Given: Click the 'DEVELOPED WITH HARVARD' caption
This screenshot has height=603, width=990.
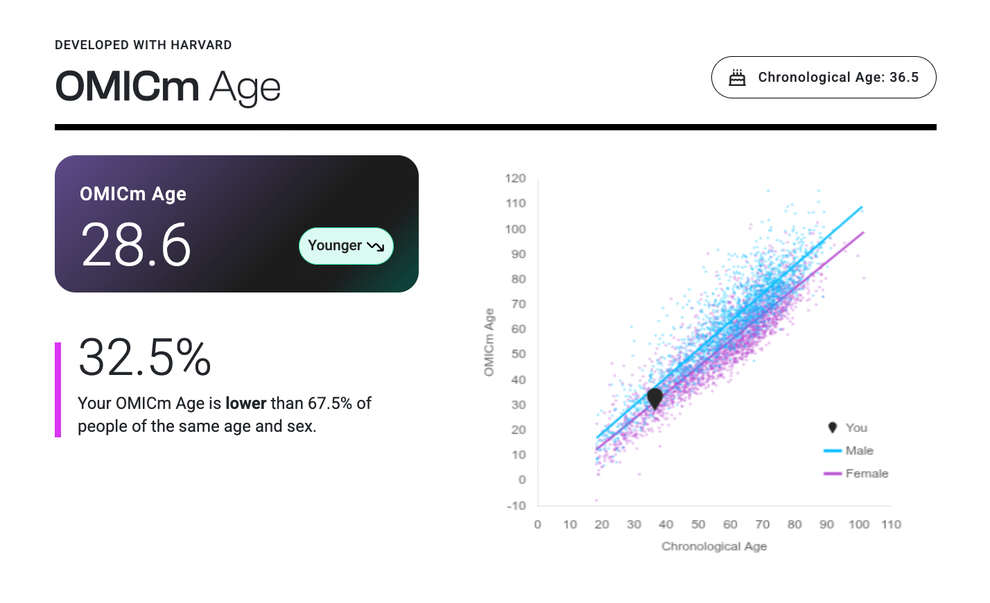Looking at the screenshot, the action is [x=144, y=45].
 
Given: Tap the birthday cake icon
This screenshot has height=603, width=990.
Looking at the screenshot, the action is [x=737, y=78].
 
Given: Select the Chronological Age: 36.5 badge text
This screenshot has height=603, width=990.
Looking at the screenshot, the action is [x=838, y=78].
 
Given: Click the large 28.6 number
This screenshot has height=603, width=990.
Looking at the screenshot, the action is [x=136, y=245].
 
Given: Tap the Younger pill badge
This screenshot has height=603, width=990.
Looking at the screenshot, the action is [x=346, y=245].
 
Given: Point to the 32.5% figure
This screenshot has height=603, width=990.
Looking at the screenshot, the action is [x=144, y=357].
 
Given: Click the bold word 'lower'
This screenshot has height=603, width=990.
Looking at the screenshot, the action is [x=245, y=403].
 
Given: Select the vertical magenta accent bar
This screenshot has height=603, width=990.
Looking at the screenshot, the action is [x=58, y=390].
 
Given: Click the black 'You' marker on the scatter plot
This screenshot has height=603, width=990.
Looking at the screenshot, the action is [x=655, y=399].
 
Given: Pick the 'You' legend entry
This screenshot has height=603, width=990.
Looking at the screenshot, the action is [x=847, y=428].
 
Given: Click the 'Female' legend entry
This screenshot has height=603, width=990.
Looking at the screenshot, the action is [x=856, y=473].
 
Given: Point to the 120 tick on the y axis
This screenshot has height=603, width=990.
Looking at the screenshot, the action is [x=515, y=178].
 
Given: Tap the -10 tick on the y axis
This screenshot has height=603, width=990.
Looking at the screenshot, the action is [x=516, y=505].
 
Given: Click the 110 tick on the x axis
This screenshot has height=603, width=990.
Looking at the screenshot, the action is [x=891, y=525].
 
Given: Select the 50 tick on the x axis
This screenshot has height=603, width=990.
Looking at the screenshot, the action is [x=698, y=525].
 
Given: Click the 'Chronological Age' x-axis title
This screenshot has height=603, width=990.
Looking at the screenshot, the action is [x=714, y=546].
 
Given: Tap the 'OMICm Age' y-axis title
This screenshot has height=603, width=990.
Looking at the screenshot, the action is [x=489, y=342].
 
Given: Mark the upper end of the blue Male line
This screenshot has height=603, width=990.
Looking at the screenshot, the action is [x=862, y=207].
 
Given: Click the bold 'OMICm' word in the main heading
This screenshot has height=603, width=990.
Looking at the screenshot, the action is [x=128, y=87].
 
